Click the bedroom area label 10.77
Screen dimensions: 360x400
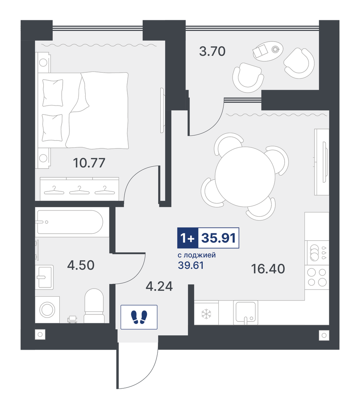point(89,163)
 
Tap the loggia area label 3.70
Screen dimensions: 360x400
point(212,51)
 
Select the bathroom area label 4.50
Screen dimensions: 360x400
point(81,265)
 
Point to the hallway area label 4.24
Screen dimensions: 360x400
point(159,286)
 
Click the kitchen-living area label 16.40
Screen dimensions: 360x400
point(268,269)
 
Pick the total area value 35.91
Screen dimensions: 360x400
point(218,238)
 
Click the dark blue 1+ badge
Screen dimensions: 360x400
point(188,238)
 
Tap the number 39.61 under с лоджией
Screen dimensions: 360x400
point(191,266)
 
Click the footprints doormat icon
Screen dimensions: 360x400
point(139,317)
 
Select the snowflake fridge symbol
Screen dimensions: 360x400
point(206,314)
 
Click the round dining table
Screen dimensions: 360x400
point(245,177)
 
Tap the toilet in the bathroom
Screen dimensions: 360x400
point(94,306)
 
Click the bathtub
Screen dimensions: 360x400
point(70,222)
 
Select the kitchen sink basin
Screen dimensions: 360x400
point(245,312)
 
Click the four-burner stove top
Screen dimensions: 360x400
point(317,277)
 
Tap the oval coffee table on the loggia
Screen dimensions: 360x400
point(268,51)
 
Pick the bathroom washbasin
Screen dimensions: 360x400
point(44,277)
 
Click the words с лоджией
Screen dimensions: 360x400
point(197,255)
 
